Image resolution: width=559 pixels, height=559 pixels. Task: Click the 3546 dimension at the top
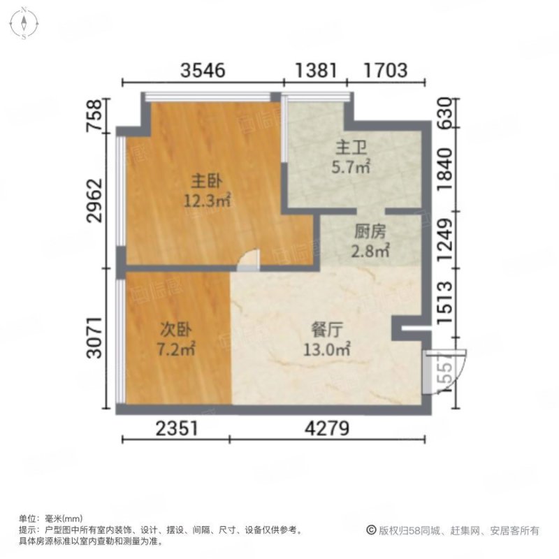203,70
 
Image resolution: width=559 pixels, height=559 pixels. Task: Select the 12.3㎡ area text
207,201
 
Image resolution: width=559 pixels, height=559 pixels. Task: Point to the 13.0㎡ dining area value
327,347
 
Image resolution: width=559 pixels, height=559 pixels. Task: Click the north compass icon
24,22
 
